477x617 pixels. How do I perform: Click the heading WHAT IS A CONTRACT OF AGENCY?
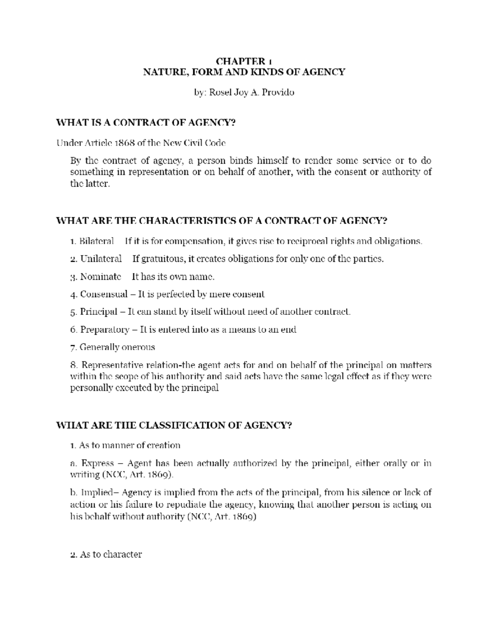[x=146, y=122]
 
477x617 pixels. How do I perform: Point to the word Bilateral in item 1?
[x=97, y=241]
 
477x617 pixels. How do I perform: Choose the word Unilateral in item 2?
[x=101, y=259]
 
